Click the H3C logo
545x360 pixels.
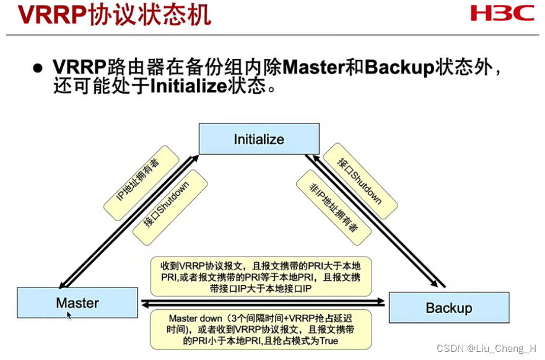click(501, 13)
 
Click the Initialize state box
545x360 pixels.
click(259, 139)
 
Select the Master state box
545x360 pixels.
click(77, 303)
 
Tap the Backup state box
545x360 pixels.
click(448, 308)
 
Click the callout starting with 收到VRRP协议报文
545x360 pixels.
click(260, 276)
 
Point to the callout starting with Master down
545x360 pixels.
click(260, 329)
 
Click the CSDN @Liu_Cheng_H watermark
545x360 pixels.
click(487, 348)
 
